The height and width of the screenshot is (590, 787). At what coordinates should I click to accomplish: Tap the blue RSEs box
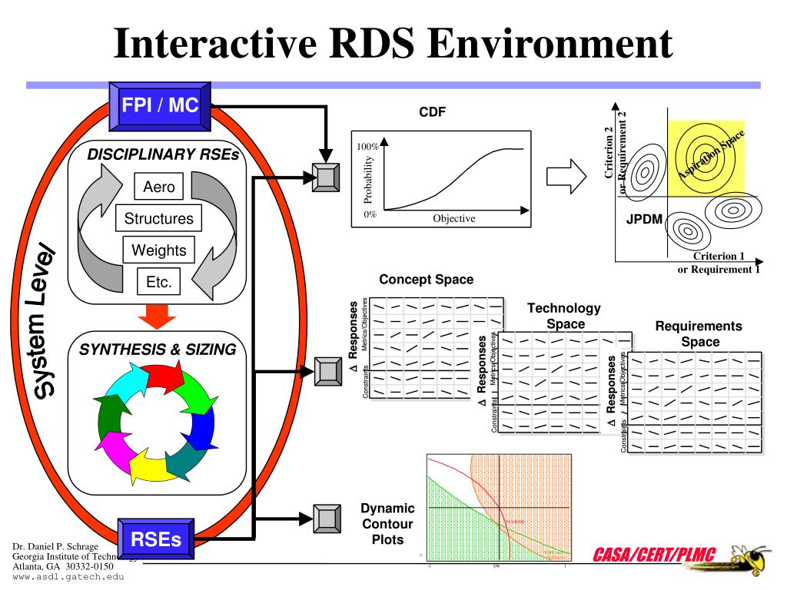(x=156, y=539)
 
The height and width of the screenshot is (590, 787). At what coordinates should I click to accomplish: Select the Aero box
(x=159, y=187)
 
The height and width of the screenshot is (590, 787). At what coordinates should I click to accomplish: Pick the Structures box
(x=159, y=219)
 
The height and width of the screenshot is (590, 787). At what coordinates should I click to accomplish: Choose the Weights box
(x=159, y=250)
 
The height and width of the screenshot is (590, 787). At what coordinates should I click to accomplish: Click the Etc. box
(x=158, y=282)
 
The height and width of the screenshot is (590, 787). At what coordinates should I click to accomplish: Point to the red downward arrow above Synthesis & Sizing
(x=160, y=315)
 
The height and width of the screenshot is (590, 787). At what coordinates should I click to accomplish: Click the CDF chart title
(x=432, y=113)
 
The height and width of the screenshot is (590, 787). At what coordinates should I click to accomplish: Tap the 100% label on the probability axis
(x=368, y=146)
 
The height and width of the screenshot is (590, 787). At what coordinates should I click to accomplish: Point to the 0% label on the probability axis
(x=370, y=214)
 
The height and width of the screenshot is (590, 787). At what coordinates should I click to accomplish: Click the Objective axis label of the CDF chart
(x=453, y=218)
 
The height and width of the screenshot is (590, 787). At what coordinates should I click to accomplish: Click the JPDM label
(x=644, y=218)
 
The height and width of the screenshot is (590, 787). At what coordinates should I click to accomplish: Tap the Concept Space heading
(x=426, y=280)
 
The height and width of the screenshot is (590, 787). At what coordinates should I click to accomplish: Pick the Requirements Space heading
(x=699, y=333)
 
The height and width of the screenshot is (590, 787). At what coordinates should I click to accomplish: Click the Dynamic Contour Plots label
(x=387, y=524)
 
